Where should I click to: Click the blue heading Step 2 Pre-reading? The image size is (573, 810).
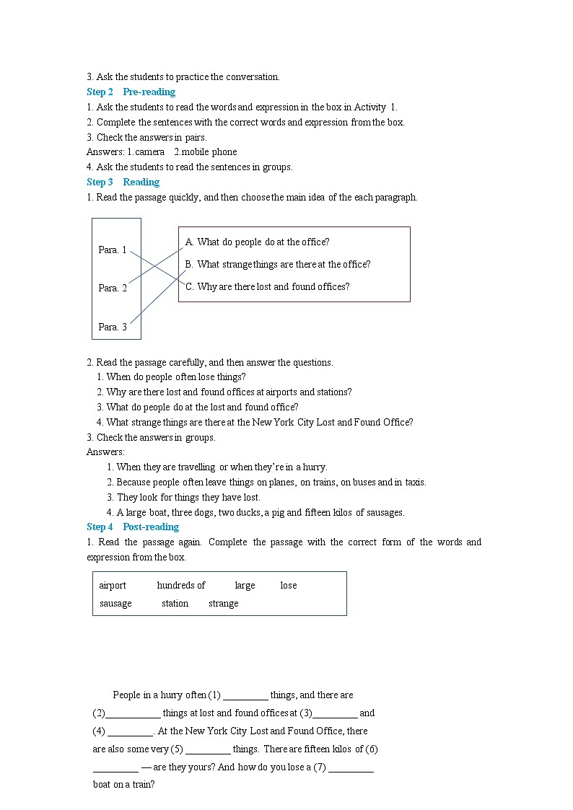tap(131, 92)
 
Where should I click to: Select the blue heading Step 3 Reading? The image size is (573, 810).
tap(123, 182)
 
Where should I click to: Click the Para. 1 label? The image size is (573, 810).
tap(113, 250)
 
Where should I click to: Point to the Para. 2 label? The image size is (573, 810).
tap(113, 288)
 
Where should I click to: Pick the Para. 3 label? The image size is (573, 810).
tap(113, 327)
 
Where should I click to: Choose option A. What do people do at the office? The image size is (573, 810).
tap(257, 242)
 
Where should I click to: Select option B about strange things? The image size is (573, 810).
tap(277, 264)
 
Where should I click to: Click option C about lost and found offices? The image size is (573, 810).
tap(267, 286)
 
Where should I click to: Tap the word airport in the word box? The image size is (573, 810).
tap(113, 585)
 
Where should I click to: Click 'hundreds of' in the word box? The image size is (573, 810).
tap(180, 585)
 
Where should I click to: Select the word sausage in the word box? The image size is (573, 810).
tap(115, 603)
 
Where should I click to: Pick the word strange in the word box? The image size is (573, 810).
tap(223, 603)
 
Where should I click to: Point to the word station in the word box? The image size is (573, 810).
tap(175, 603)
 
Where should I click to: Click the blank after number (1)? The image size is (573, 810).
tap(245, 695)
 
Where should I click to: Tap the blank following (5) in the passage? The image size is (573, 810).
tap(208, 749)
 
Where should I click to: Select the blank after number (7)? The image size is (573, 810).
tap(351, 767)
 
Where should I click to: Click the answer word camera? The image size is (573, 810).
tap(149, 151)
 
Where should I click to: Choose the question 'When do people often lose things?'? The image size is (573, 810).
tap(175, 377)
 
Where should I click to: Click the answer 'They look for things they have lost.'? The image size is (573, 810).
tap(188, 497)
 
